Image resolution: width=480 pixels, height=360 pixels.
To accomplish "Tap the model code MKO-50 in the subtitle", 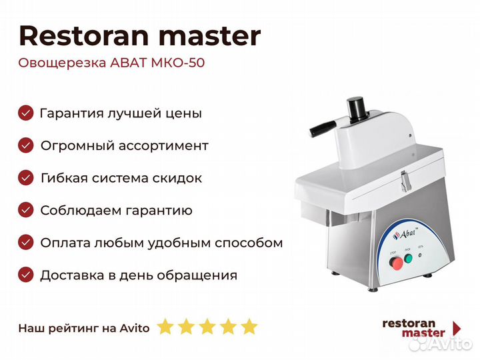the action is (x=178, y=63).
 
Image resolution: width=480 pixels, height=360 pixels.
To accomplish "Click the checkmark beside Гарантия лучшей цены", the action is (x=26, y=113).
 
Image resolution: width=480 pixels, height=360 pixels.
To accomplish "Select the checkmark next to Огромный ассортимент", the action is (x=26, y=145).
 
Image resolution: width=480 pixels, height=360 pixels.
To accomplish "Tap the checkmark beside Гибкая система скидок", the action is (x=26, y=177).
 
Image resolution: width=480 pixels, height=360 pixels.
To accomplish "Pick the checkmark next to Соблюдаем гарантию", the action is (x=26, y=210).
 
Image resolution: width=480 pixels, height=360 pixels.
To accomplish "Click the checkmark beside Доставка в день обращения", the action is (x=26, y=275).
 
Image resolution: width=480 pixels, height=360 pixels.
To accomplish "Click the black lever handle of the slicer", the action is (x=323, y=128).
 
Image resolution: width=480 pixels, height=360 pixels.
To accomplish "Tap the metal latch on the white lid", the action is (x=405, y=181).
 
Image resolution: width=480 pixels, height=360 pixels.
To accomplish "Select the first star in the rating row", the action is (x=165, y=326).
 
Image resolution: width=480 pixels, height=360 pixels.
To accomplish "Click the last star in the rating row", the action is (x=249, y=326).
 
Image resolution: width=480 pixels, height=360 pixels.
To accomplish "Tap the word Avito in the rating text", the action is (x=135, y=328).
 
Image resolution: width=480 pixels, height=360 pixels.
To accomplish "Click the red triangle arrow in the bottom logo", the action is (x=457, y=328).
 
